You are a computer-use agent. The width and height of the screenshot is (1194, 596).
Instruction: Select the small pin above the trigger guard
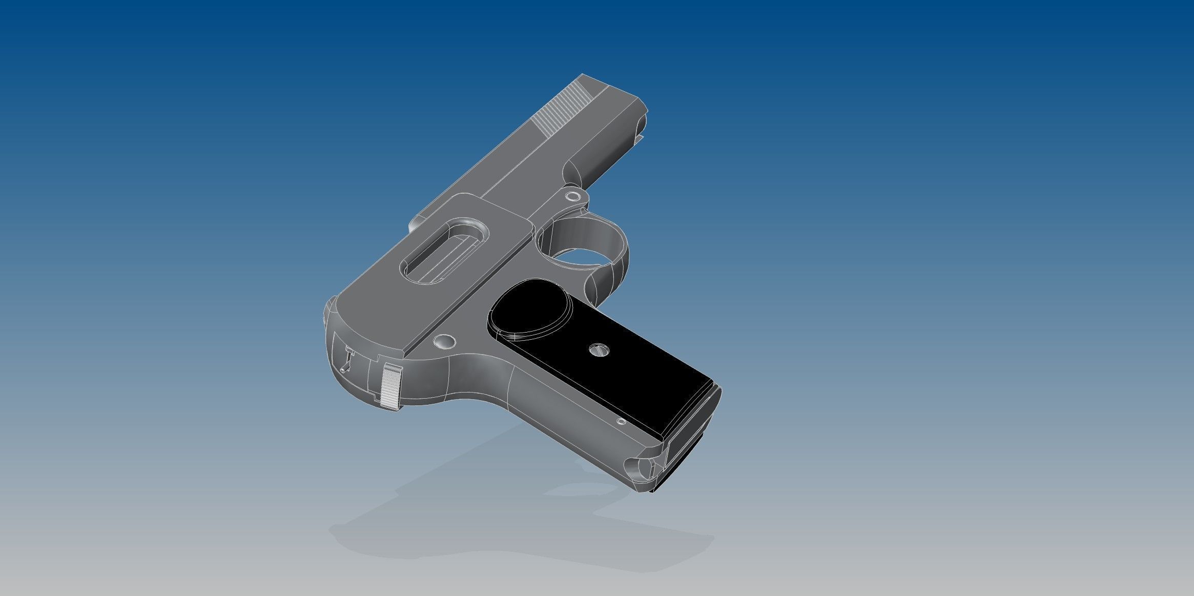coord(573,196)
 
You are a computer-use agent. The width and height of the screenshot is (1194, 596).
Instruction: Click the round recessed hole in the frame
coord(444,341)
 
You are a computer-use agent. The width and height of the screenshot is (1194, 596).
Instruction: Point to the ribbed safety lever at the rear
coord(391,386)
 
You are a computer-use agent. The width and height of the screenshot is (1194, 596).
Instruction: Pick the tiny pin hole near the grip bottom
coord(622,422)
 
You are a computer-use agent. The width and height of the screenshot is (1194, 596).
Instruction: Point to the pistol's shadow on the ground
coord(461,533)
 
